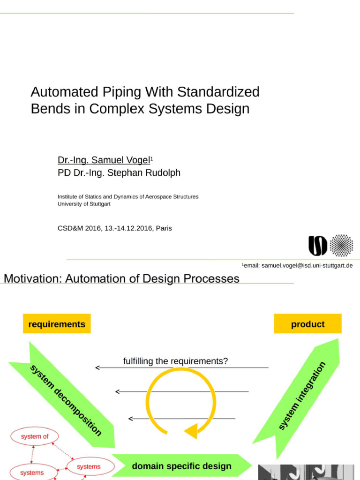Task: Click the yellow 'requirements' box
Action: [57, 324]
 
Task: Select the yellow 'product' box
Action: [307, 324]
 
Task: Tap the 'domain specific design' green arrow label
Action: [181, 466]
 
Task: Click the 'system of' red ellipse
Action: [35, 436]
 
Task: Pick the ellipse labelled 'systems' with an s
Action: [89, 466]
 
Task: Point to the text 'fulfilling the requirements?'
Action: [175, 361]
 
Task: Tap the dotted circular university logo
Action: [341, 245]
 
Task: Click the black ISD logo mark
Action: [317, 246]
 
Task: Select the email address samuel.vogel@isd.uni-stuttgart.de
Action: [307, 265]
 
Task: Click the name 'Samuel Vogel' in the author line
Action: [120, 160]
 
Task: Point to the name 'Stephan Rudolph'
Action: [144, 172]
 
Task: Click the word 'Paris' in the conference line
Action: [164, 228]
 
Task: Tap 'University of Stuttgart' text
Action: [84, 204]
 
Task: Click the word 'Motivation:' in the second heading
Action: [32, 279]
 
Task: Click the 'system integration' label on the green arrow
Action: [302, 396]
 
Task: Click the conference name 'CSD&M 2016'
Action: [75, 228]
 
